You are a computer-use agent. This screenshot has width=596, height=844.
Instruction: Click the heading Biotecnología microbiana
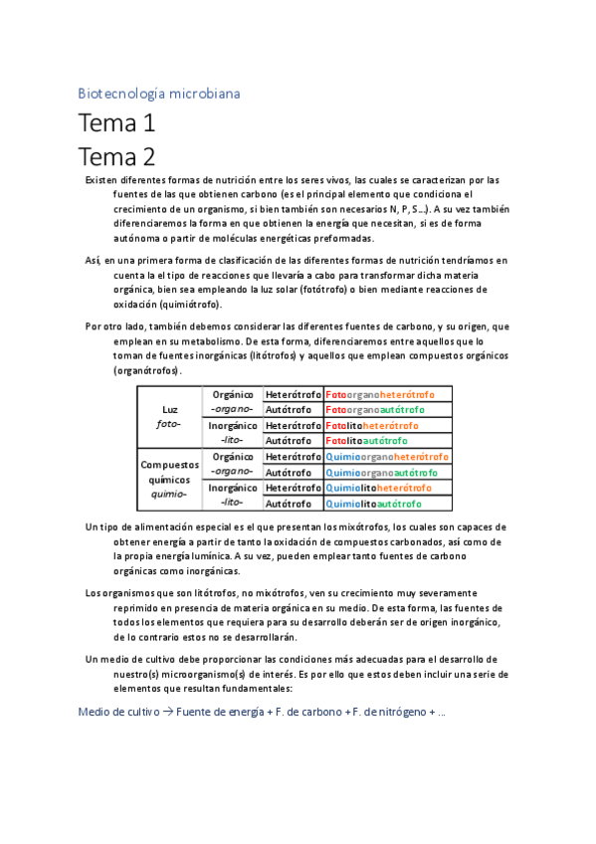159,94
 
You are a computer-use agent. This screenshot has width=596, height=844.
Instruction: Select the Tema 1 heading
116,125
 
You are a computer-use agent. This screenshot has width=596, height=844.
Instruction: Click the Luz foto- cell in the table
169,416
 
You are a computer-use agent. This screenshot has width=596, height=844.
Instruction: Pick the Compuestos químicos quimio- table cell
169,479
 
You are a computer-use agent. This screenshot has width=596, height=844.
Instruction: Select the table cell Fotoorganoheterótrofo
385,394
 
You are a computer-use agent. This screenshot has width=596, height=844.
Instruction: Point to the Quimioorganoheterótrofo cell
386,457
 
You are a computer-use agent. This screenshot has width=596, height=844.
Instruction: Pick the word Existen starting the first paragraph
101,179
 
